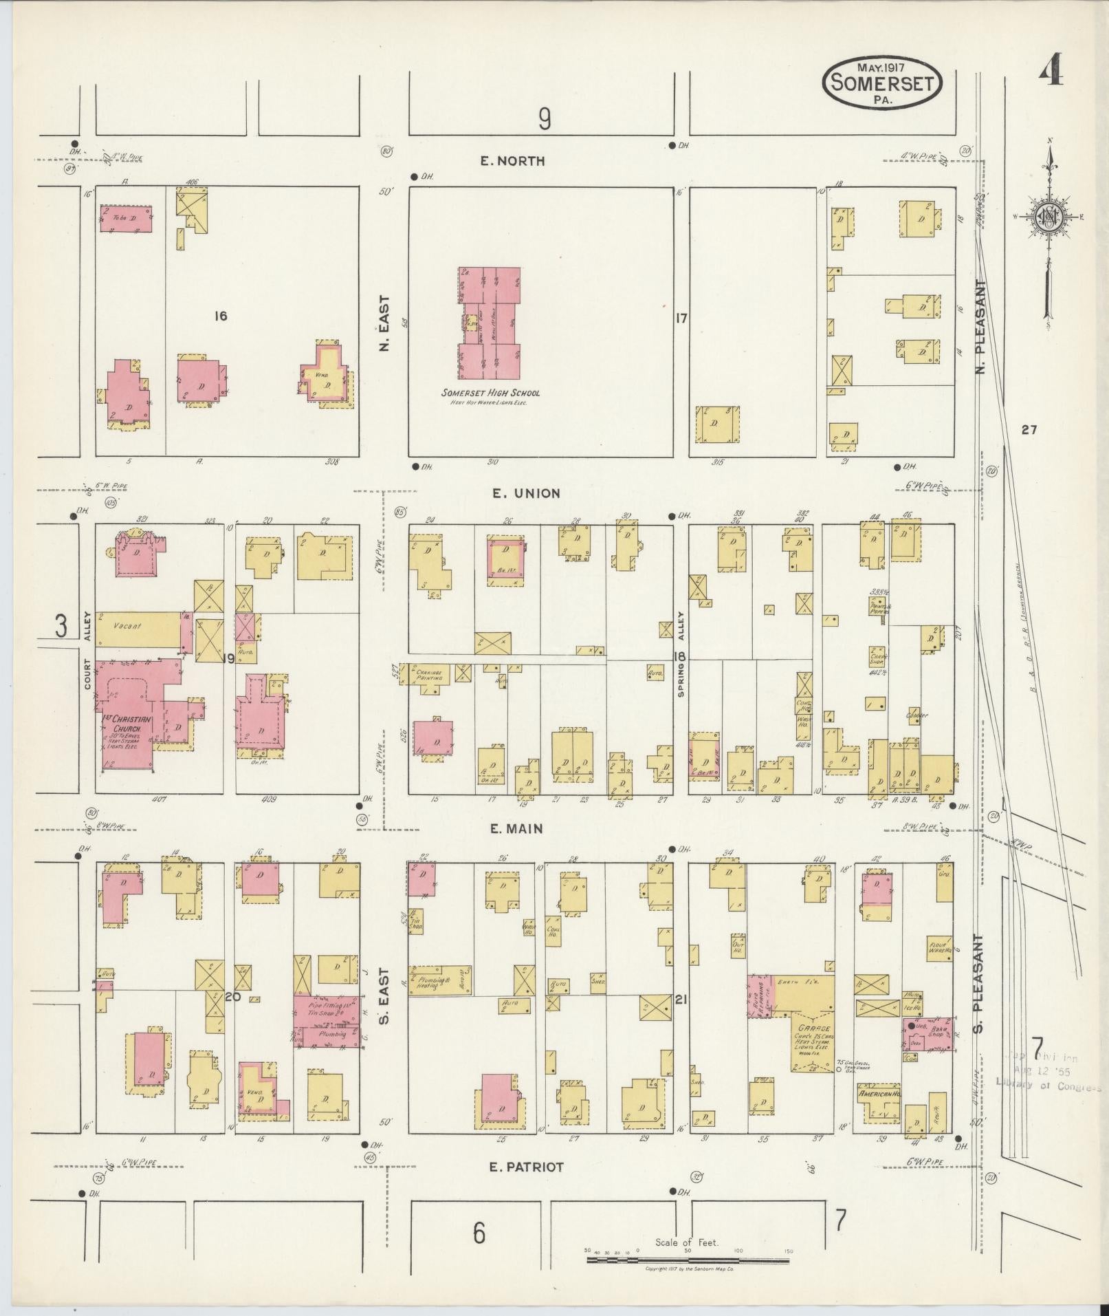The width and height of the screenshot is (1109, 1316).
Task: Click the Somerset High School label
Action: pyautogui.click(x=490, y=393)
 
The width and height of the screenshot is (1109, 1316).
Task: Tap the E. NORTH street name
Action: pyautogui.click(x=512, y=161)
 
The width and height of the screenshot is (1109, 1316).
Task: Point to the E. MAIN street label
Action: pyautogui.click(x=516, y=829)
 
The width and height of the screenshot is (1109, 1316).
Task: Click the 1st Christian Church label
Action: pyautogui.click(x=122, y=729)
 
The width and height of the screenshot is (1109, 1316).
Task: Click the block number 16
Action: pyautogui.click(x=220, y=316)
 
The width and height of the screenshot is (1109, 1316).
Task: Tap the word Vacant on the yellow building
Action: pyautogui.click(x=128, y=626)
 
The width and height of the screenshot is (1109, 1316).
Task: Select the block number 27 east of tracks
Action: pyautogui.click(x=1029, y=430)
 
